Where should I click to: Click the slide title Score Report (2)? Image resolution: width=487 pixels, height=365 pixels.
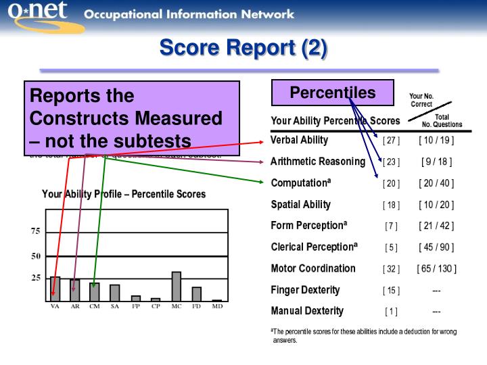(x=243, y=48)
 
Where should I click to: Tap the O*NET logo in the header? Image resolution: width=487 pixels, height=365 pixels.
(x=45, y=16)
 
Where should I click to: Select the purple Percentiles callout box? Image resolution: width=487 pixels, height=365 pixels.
(x=332, y=93)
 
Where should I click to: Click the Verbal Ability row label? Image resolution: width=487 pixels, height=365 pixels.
(x=299, y=141)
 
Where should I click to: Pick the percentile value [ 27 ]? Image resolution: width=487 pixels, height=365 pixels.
(x=391, y=141)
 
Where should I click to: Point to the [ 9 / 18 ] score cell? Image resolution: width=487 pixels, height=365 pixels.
(x=436, y=162)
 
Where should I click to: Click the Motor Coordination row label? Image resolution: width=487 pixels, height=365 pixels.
(x=312, y=268)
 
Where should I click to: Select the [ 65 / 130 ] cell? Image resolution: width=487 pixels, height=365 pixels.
(x=436, y=269)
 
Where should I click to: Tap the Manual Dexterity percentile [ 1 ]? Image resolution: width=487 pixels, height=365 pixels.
(x=391, y=312)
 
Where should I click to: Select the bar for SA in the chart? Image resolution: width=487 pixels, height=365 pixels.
(x=115, y=292)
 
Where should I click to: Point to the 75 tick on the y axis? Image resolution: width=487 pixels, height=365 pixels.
(x=35, y=231)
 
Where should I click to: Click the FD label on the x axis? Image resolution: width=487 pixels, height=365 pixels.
(x=196, y=306)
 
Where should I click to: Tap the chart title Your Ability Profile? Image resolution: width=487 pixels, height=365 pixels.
(x=124, y=194)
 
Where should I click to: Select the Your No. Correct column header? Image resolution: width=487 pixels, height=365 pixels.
(x=421, y=100)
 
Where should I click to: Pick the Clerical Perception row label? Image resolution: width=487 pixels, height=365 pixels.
(x=314, y=247)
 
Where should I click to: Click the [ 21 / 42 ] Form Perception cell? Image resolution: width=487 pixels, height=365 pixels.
(x=436, y=226)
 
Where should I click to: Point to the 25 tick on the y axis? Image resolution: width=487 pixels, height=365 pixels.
(x=35, y=278)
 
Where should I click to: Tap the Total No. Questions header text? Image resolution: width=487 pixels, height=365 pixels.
(x=442, y=121)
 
